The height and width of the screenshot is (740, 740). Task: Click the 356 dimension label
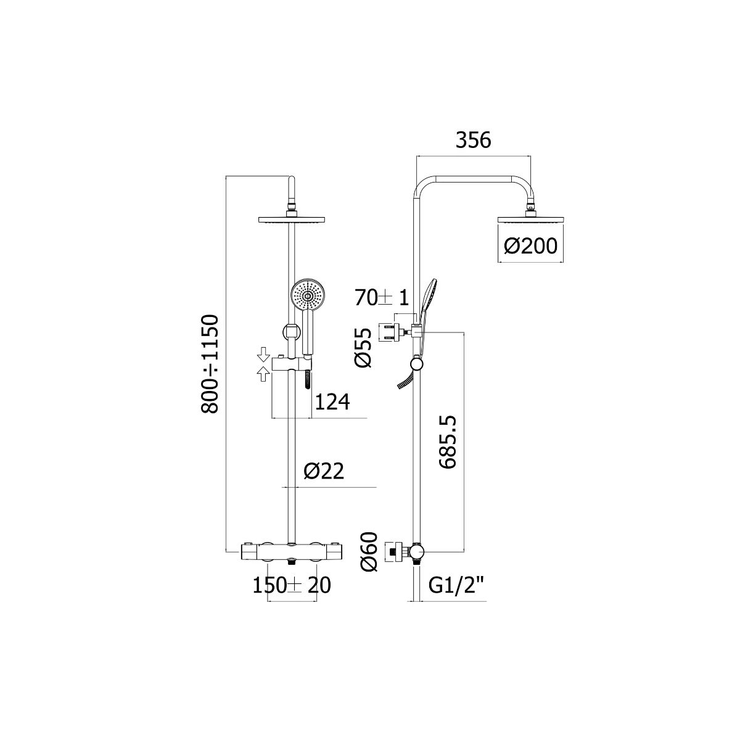coord(473,140)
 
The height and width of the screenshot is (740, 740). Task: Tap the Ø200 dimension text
coord(530,246)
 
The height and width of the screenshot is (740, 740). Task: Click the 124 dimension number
coord(332,402)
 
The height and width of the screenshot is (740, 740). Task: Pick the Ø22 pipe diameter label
coord(323,471)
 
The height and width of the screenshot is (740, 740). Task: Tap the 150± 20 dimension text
coord(292,586)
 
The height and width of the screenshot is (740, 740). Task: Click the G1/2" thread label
coord(457,586)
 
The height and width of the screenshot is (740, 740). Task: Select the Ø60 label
coord(371,551)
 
